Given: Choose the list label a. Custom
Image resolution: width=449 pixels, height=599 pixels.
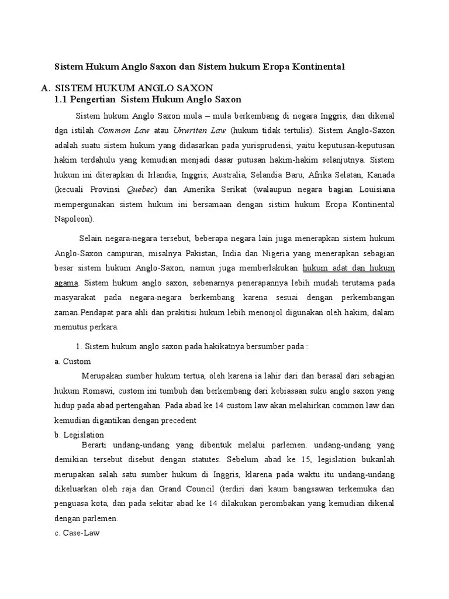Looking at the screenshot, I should point(72,361).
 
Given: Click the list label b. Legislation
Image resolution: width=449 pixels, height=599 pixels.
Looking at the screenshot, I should point(79,435).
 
